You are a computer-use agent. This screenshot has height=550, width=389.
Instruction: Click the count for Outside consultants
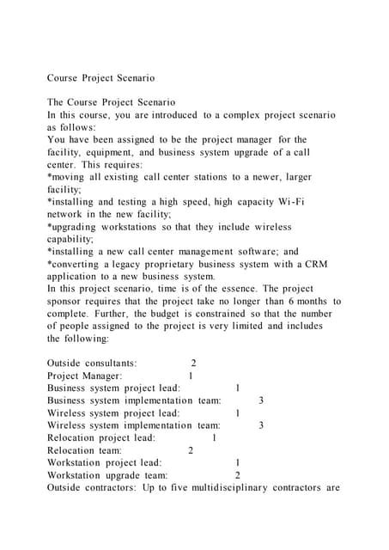[194, 364]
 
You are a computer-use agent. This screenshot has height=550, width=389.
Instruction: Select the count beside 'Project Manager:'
[190, 376]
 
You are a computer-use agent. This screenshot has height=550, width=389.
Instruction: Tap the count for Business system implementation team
[261, 400]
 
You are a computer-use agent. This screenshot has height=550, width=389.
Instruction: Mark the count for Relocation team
[191, 450]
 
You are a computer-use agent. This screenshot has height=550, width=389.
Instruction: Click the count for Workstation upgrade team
[238, 475]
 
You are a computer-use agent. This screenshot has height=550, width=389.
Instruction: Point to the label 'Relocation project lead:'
[101, 437]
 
